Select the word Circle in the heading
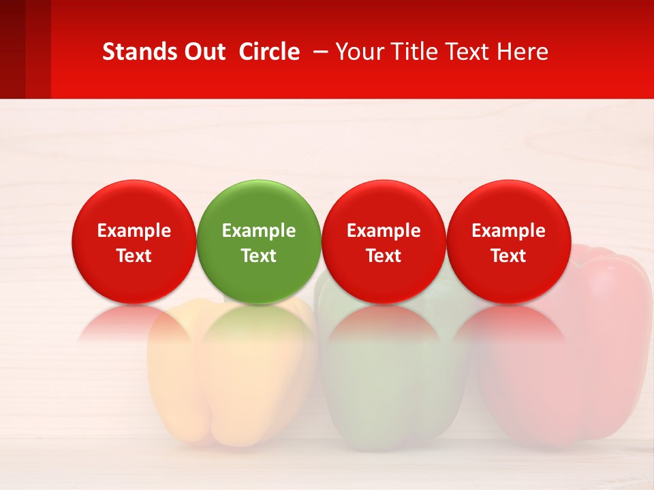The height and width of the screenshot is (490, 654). (269, 52)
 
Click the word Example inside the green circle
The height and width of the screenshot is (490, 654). (259, 231)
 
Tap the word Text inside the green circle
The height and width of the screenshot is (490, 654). (259, 256)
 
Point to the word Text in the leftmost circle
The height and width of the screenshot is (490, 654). (134, 256)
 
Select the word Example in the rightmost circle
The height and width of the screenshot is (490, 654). (509, 231)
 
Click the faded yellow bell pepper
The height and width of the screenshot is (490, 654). (225, 388)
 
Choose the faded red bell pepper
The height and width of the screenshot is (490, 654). (579, 381)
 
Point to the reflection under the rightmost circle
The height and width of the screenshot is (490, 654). (509, 323)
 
